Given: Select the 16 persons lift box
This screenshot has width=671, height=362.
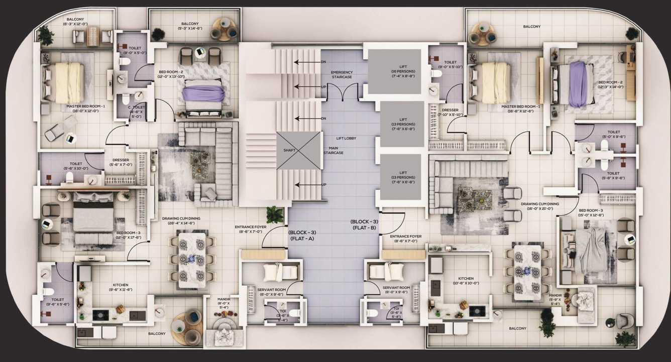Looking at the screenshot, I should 392,71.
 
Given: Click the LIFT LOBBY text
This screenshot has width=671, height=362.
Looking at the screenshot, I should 346,138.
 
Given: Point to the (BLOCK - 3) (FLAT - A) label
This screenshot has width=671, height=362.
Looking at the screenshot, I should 302,235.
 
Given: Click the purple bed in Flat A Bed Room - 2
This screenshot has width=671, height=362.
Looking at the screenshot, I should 203,93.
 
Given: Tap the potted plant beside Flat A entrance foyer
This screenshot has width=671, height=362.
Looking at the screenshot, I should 274,214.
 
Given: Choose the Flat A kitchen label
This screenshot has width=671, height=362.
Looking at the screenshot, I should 121,287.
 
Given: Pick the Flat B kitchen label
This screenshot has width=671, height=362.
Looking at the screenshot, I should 466,281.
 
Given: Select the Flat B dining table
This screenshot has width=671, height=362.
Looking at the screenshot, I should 526,272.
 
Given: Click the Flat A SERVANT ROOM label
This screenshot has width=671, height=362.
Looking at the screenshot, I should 272,292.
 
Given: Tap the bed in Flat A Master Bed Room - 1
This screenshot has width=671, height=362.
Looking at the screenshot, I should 69,82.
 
